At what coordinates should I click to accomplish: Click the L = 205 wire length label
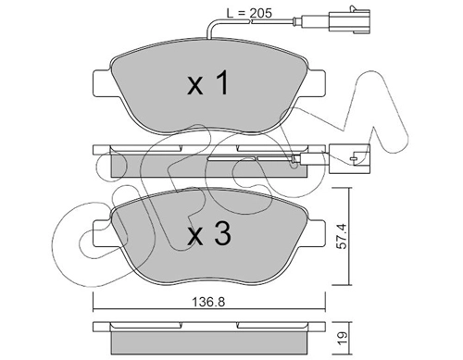249,13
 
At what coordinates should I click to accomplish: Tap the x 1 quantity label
208,82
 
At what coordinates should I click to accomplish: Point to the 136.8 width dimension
208,302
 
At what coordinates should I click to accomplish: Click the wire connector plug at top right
350,20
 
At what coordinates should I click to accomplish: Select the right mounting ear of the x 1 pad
316,83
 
